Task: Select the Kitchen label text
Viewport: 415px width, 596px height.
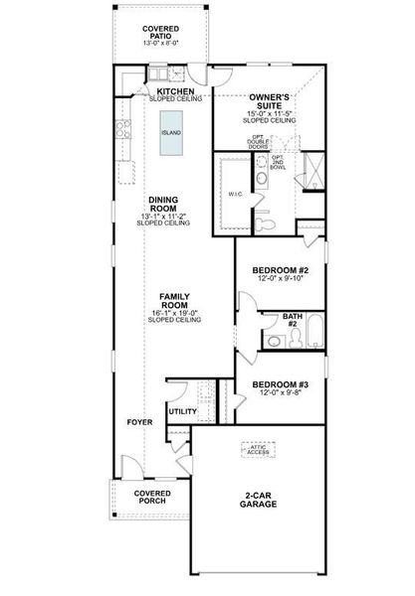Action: (x=174, y=92)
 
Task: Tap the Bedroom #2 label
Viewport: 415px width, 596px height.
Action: (x=273, y=270)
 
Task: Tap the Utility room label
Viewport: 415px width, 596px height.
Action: (x=182, y=410)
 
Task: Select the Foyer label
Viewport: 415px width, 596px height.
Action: (x=140, y=422)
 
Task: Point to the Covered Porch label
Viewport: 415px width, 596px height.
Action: (x=152, y=497)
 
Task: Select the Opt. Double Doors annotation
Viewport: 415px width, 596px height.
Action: (x=258, y=141)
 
